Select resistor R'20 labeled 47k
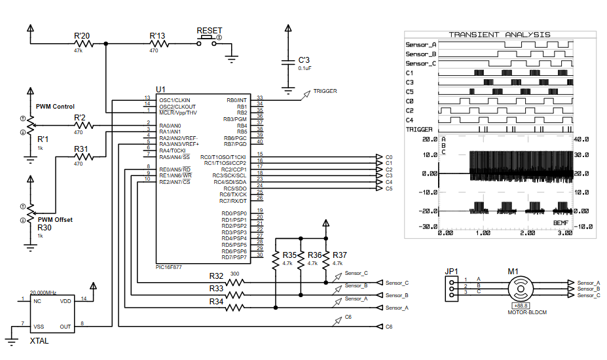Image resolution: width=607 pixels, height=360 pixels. (x=83, y=44)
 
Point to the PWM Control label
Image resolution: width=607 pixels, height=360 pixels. (x=55, y=106)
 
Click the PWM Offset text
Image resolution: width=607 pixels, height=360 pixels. (x=55, y=220)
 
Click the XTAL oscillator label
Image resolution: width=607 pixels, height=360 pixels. (x=39, y=340)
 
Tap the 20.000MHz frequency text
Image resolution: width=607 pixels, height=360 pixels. (x=44, y=293)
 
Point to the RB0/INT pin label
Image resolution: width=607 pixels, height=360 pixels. (x=236, y=100)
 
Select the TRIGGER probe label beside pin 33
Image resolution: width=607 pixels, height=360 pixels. (x=325, y=92)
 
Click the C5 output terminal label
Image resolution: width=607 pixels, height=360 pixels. (x=389, y=189)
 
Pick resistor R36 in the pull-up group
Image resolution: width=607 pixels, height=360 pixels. (x=300, y=262)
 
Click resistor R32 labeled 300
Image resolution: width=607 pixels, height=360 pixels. (x=234, y=282)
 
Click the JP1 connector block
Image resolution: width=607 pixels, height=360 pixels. (x=451, y=288)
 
